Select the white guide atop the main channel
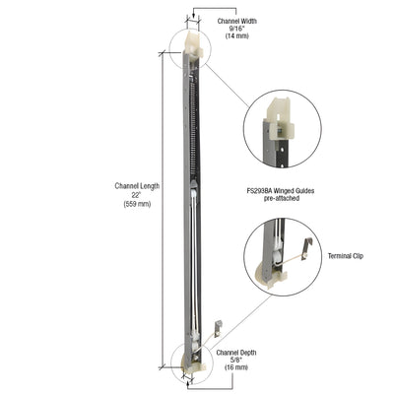[x=193, y=45]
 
